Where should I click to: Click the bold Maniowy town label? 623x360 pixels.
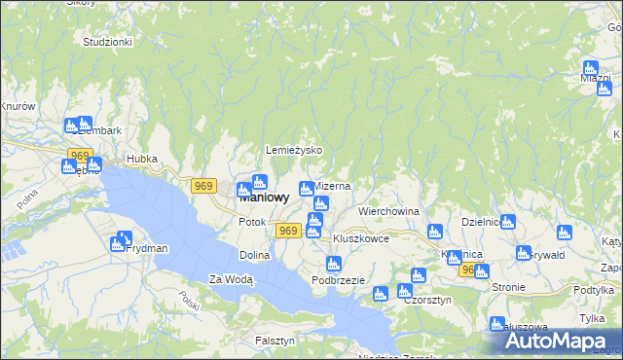pos(264,197)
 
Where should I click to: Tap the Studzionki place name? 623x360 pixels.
pos(107,43)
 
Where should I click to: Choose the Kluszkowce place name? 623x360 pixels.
pos(361,238)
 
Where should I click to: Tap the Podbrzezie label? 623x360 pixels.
pos(338,280)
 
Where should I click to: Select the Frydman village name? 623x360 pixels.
pos(147,249)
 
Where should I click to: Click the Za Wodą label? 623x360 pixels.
pos(231,280)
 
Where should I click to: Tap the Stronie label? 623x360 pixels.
pos(508,288)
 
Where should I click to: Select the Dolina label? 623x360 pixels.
pos(254,255)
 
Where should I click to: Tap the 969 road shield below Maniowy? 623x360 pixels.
pos(287,230)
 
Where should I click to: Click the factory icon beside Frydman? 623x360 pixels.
pos(123,239)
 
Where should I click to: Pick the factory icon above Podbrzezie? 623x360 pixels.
pos(334,263)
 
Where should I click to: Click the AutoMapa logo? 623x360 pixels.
pos(560,342)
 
